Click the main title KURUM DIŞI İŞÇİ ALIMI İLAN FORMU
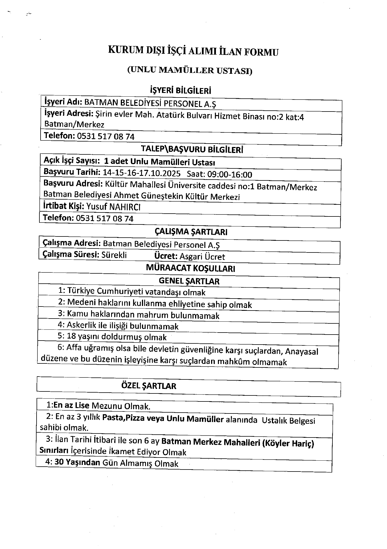[193, 51]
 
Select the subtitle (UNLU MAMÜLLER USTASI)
[190, 70]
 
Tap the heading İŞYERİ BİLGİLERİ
[181, 91]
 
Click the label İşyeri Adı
[63, 102]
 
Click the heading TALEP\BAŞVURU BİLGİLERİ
[192, 150]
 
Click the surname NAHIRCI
[125, 207]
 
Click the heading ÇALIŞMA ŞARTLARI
[191, 232]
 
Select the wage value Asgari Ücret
[202, 256]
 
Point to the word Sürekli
[114, 255]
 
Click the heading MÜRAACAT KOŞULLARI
[191, 268]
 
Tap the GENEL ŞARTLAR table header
[189, 281]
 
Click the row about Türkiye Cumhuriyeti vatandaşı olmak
[132, 292]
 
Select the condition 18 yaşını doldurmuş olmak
[117, 337]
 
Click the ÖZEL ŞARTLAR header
[149, 386]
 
